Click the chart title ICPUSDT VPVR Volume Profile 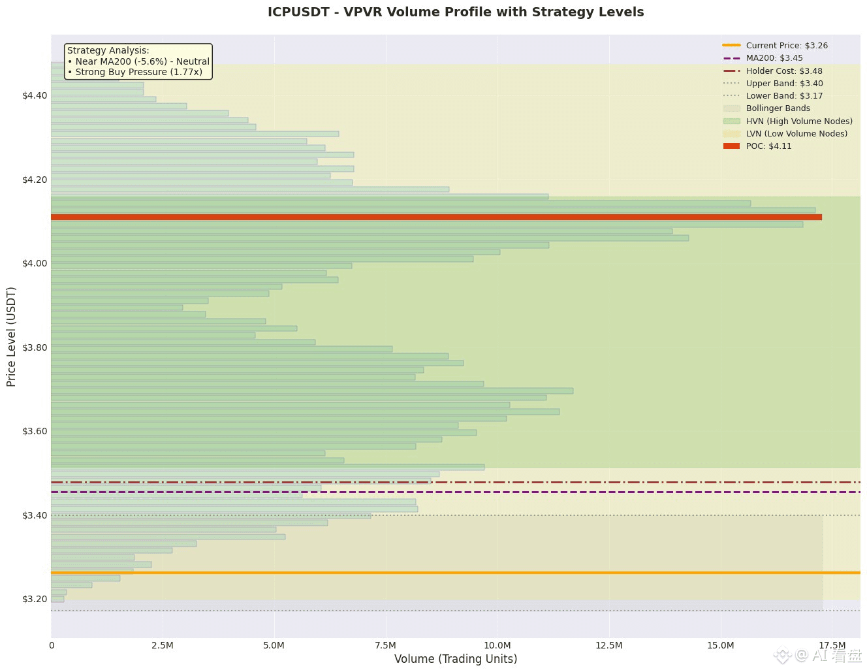pos(456,12)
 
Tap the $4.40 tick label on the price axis pos(35,95)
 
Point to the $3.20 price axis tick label pos(35,599)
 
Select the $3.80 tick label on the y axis pos(35,347)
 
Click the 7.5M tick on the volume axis pos(386,645)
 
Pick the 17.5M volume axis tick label pos(832,645)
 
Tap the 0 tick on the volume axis pos(52,645)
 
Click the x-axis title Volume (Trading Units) pos(456,659)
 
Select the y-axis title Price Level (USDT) pos(11,336)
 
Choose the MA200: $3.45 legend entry pos(774,58)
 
